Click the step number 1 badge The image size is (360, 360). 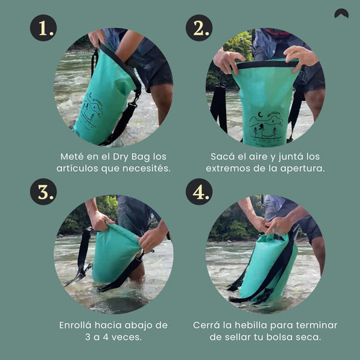coord(43,28)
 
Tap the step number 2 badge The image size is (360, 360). coord(199,28)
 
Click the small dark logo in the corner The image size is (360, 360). coord(341,13)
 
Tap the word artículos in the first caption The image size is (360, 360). coord(77,168)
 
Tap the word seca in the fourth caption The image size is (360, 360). coord(307,337)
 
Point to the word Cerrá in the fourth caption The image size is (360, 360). coord(207,325)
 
